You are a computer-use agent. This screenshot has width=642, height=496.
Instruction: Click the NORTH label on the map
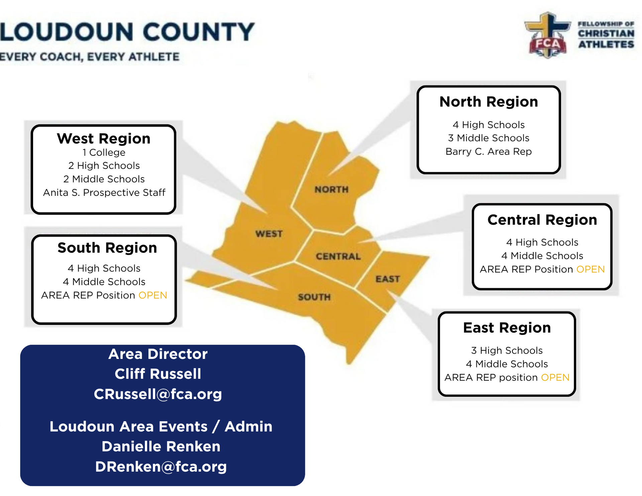point(331,190)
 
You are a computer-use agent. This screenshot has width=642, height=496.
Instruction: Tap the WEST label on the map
point(269,234)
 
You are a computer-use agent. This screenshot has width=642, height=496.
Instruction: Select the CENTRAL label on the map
point(338,256)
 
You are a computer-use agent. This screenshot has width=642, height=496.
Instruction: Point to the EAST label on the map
point(388,279)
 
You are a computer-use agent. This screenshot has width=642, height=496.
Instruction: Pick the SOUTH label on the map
point(314,297)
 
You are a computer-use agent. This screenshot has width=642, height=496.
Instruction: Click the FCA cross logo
point(547,35)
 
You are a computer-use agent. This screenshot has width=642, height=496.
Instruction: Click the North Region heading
point(489,102)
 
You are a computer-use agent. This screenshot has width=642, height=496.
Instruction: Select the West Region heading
point(104,139)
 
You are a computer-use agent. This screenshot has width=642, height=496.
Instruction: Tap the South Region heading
point(107,248)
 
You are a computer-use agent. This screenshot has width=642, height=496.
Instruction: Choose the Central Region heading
point(542,220)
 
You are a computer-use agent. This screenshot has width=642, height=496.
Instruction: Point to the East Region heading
point(507,328)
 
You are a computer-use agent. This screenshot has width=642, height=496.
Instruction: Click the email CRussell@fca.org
point(158,394)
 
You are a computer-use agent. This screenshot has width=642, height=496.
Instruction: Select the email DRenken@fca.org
point(161,467)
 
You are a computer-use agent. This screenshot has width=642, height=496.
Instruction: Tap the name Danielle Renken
point(161,447)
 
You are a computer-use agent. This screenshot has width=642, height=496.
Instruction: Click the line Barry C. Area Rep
point(489,151)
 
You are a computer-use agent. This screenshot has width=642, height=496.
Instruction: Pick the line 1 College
point(104,152)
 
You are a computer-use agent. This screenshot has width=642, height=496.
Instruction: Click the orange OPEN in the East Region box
point(555,377)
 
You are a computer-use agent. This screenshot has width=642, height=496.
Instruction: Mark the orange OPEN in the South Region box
point(153,295)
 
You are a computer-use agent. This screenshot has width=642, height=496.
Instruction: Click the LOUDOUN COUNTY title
point(127,32)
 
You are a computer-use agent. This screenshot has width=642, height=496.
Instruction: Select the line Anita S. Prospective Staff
point(104,193)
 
